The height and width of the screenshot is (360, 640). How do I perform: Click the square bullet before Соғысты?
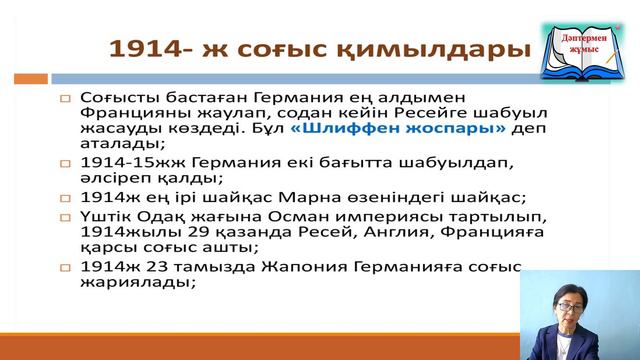65,99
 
